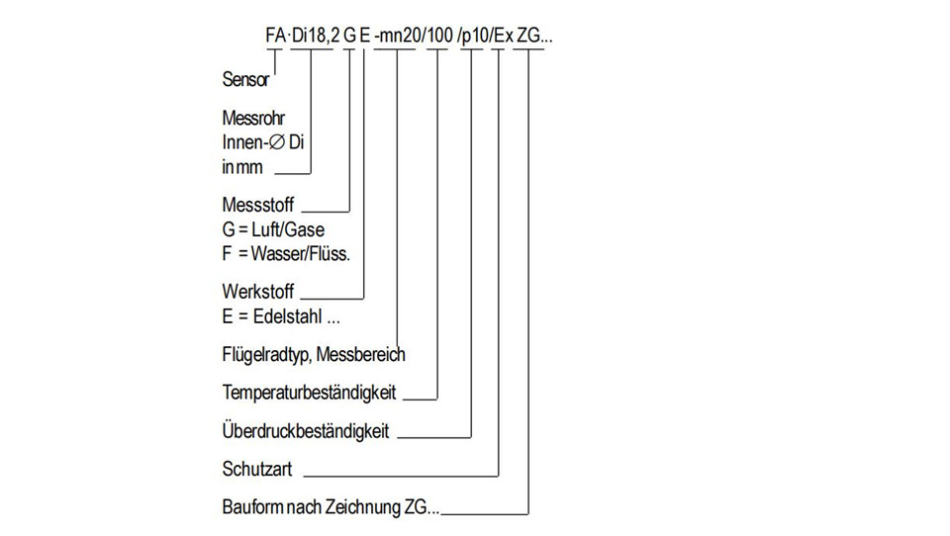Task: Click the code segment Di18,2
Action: pos(316,36)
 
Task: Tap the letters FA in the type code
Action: pos(275,36)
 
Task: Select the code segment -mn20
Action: pos(398,36)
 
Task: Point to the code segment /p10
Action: pos(473,36)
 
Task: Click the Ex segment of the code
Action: pos(503,36)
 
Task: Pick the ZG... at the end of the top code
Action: pos(535,36)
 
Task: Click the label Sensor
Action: pos(245,79)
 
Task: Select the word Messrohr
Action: pos(253,118)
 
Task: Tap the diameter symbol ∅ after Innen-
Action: pos(277,142)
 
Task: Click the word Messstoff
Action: pos(258,205)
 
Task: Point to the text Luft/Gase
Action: pos(288,229)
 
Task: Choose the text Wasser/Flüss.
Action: pos(301,254)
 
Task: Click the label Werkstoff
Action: pos(258,292)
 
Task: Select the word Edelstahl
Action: pos(288,316)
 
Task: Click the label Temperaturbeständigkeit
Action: pos(309,393)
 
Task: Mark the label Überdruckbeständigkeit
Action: pos(306,430)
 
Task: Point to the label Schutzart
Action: pos(257,469)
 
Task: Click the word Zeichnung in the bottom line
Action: pos(363,507)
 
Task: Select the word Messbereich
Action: pos(360,354)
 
